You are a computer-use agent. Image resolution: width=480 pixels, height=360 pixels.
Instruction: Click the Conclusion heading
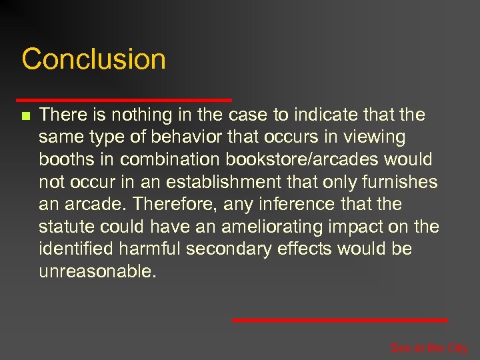pyautogui.click(x=93, y=59)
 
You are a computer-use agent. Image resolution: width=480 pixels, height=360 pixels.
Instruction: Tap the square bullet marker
pyautogui.click(x=25, y=116)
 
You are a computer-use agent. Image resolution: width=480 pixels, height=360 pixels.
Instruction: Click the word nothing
pyautogui.click(x=140, y=115)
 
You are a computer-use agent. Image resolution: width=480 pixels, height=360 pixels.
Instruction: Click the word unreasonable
pyautogui.click(x=97, y=273)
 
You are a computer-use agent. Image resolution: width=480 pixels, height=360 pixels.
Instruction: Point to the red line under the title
pyautogui.click(x=127, y=100)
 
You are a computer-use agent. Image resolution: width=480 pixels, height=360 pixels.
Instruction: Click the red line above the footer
pyautogui.click(x=340, y=321)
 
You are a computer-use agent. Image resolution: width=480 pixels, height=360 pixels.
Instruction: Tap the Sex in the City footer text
pyautogui.click(x=429, y=348)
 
